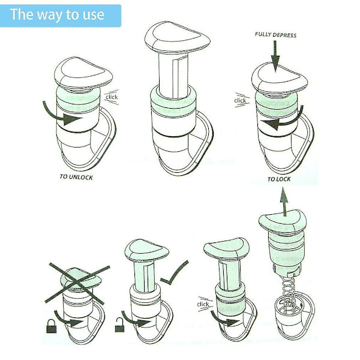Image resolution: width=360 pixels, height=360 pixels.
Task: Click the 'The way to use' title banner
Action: point(61,16)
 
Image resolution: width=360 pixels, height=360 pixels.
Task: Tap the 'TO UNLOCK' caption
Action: point(76,177)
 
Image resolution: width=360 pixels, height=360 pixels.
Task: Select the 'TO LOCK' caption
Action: point(279,179)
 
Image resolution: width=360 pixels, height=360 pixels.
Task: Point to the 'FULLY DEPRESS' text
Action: point(275,35)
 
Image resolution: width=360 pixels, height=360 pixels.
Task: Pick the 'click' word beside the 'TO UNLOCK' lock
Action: point(112,97)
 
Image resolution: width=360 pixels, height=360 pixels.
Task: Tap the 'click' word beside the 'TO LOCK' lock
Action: point(240,101)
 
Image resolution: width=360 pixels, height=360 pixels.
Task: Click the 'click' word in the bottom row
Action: point(203,304)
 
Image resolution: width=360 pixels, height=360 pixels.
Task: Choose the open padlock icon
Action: point(119,325)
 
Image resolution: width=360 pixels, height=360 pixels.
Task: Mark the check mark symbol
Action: point(174,273)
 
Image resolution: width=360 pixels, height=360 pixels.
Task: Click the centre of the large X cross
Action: point(77,284)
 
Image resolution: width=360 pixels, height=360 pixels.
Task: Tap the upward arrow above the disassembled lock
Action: point(284,202)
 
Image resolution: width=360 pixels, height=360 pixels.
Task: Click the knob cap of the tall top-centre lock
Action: point(178,37)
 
